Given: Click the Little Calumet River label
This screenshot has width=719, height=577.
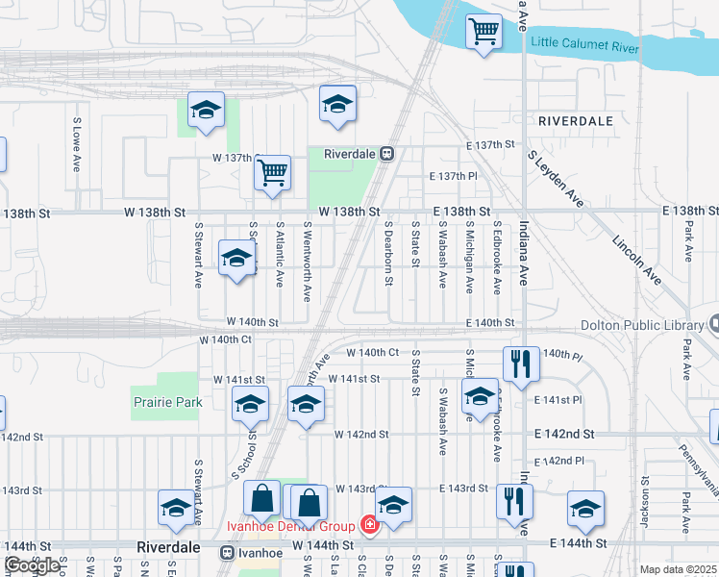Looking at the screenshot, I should point(585,43).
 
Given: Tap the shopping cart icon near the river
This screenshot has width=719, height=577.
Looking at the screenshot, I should point(484,32).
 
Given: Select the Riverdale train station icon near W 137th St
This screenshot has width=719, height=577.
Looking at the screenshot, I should point(386,153).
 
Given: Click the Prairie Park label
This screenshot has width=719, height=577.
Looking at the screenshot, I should point(167,402).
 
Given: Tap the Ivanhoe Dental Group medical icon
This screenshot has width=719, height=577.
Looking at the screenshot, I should point(368,525).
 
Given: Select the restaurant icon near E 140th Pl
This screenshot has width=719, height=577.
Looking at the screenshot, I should point(517,364).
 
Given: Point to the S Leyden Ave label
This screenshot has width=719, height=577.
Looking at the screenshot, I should point(555,179).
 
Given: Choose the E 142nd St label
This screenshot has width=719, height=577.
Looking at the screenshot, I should point(568,434).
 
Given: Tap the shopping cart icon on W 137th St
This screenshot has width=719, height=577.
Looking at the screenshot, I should point(273,173).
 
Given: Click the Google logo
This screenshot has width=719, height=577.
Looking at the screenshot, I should point(33,564).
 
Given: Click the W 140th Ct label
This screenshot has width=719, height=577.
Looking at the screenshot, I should point(225,339).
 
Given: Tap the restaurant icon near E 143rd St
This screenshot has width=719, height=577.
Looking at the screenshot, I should point(512,500).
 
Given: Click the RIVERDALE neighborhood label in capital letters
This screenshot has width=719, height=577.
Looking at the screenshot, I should point(576,121).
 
